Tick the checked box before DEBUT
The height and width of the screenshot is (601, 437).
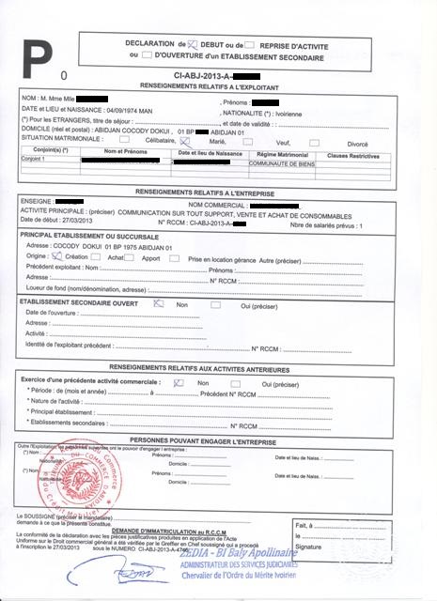tap(195, 44)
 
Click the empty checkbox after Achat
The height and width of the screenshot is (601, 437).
tap(130, 255)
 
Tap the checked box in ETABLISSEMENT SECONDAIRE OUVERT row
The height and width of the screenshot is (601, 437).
tap(158, 304)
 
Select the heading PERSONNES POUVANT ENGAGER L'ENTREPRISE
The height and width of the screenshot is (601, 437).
tap(218, 439)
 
